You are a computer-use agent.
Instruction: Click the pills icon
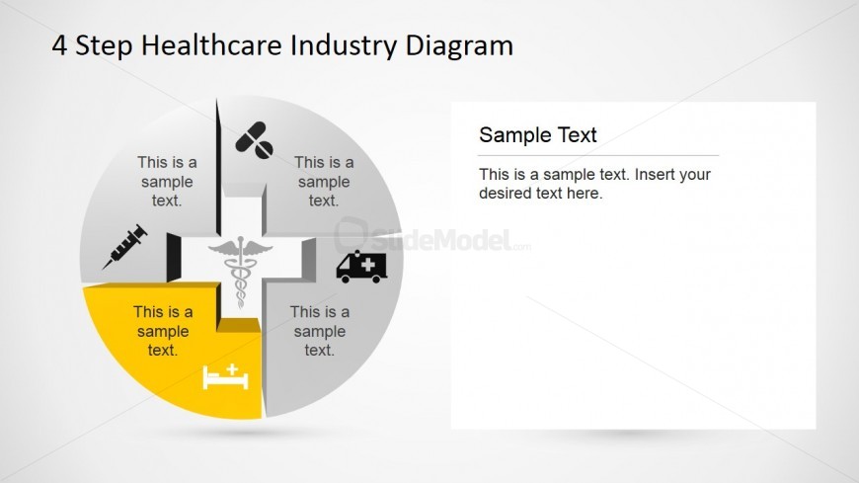(254, 140)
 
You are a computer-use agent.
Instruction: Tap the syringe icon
(125, 247)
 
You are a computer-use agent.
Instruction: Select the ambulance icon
(361, 267)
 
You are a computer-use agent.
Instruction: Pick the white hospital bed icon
(225, 376)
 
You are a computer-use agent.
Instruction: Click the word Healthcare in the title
(212, 45)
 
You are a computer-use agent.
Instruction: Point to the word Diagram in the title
(459, 46)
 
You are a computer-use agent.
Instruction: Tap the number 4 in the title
(59, 45)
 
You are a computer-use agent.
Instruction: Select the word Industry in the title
(344, 46)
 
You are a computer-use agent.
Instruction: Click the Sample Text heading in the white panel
(537, 135)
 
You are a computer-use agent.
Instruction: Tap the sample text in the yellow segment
(163, 331)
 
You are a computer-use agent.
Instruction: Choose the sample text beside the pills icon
(324, 181)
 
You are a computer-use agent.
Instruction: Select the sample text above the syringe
(167, 181)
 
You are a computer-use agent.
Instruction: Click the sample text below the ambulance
(319, 331)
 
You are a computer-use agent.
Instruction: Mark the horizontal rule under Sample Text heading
(598, 156)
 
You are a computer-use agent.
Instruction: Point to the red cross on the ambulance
(367, 265)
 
